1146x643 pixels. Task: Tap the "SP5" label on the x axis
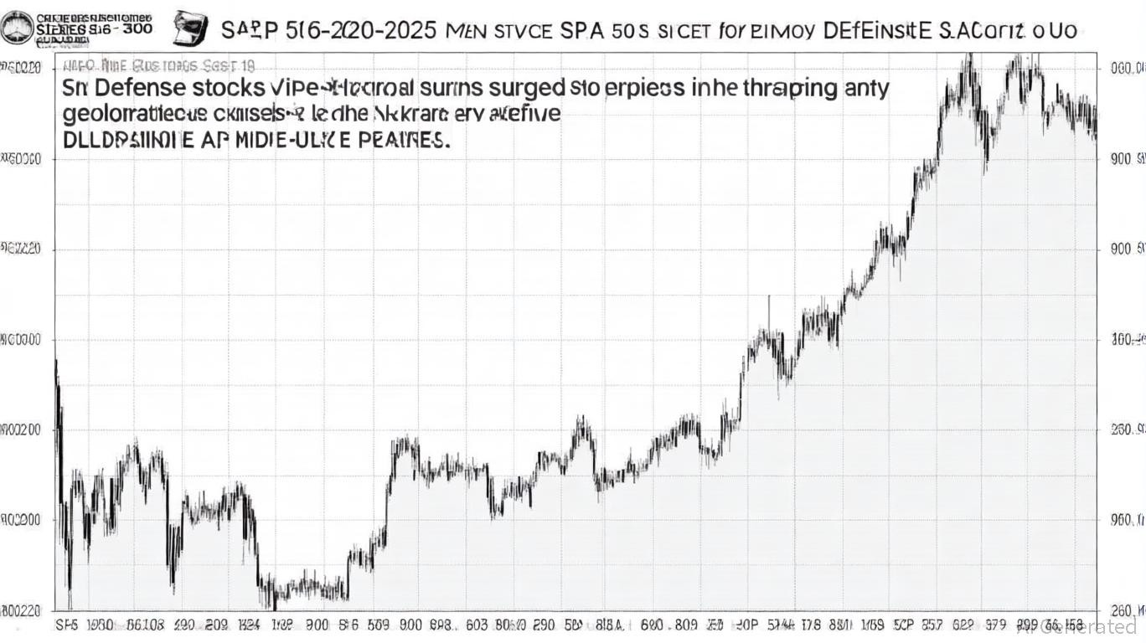tap(68, 625)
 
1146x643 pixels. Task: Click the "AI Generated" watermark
tap(1097, 626)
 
